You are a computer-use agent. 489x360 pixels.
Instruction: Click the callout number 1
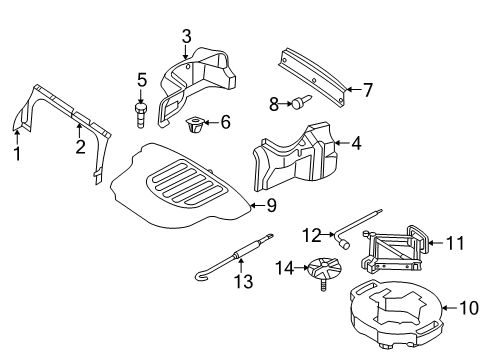click(x=16, y=153)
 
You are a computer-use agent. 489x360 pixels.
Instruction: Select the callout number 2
click(x=80, y=148)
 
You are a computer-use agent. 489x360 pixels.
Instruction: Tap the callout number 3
click(x=185, y=37)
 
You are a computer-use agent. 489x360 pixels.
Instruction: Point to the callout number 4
click(x=356, y=143)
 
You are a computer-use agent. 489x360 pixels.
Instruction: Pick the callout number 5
click(x=142, y=79)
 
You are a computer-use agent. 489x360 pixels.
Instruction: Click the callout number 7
click(x=367, y=90)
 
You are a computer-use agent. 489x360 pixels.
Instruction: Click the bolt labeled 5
click(x=142, y=112)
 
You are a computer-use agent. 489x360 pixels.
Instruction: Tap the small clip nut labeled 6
click(x=195, y=126)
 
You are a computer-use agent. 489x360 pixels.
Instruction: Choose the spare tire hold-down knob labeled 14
click(x=325, y=271)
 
